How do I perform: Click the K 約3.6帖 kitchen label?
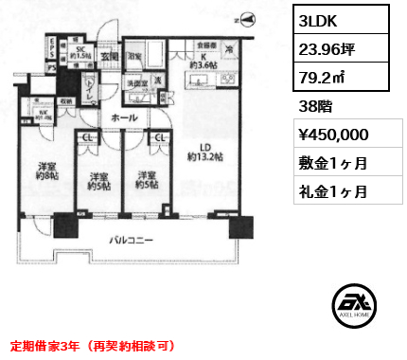[194, 62]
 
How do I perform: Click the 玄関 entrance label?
[109, 53]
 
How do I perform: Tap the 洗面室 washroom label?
[139, 82]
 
